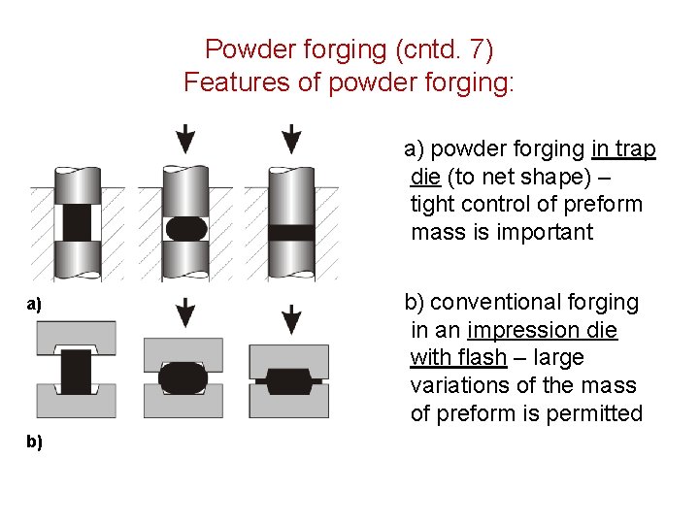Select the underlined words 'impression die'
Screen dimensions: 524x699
542,330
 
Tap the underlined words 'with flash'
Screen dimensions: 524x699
458,358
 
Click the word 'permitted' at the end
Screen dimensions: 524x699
594,414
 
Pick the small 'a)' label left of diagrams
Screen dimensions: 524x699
34,305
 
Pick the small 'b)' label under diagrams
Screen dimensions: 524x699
34,442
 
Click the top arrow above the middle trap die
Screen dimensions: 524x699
184,139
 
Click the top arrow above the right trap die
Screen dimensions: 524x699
290,139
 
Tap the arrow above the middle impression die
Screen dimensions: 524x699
184,313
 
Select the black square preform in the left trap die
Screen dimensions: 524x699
76,223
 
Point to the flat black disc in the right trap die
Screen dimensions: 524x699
290,233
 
